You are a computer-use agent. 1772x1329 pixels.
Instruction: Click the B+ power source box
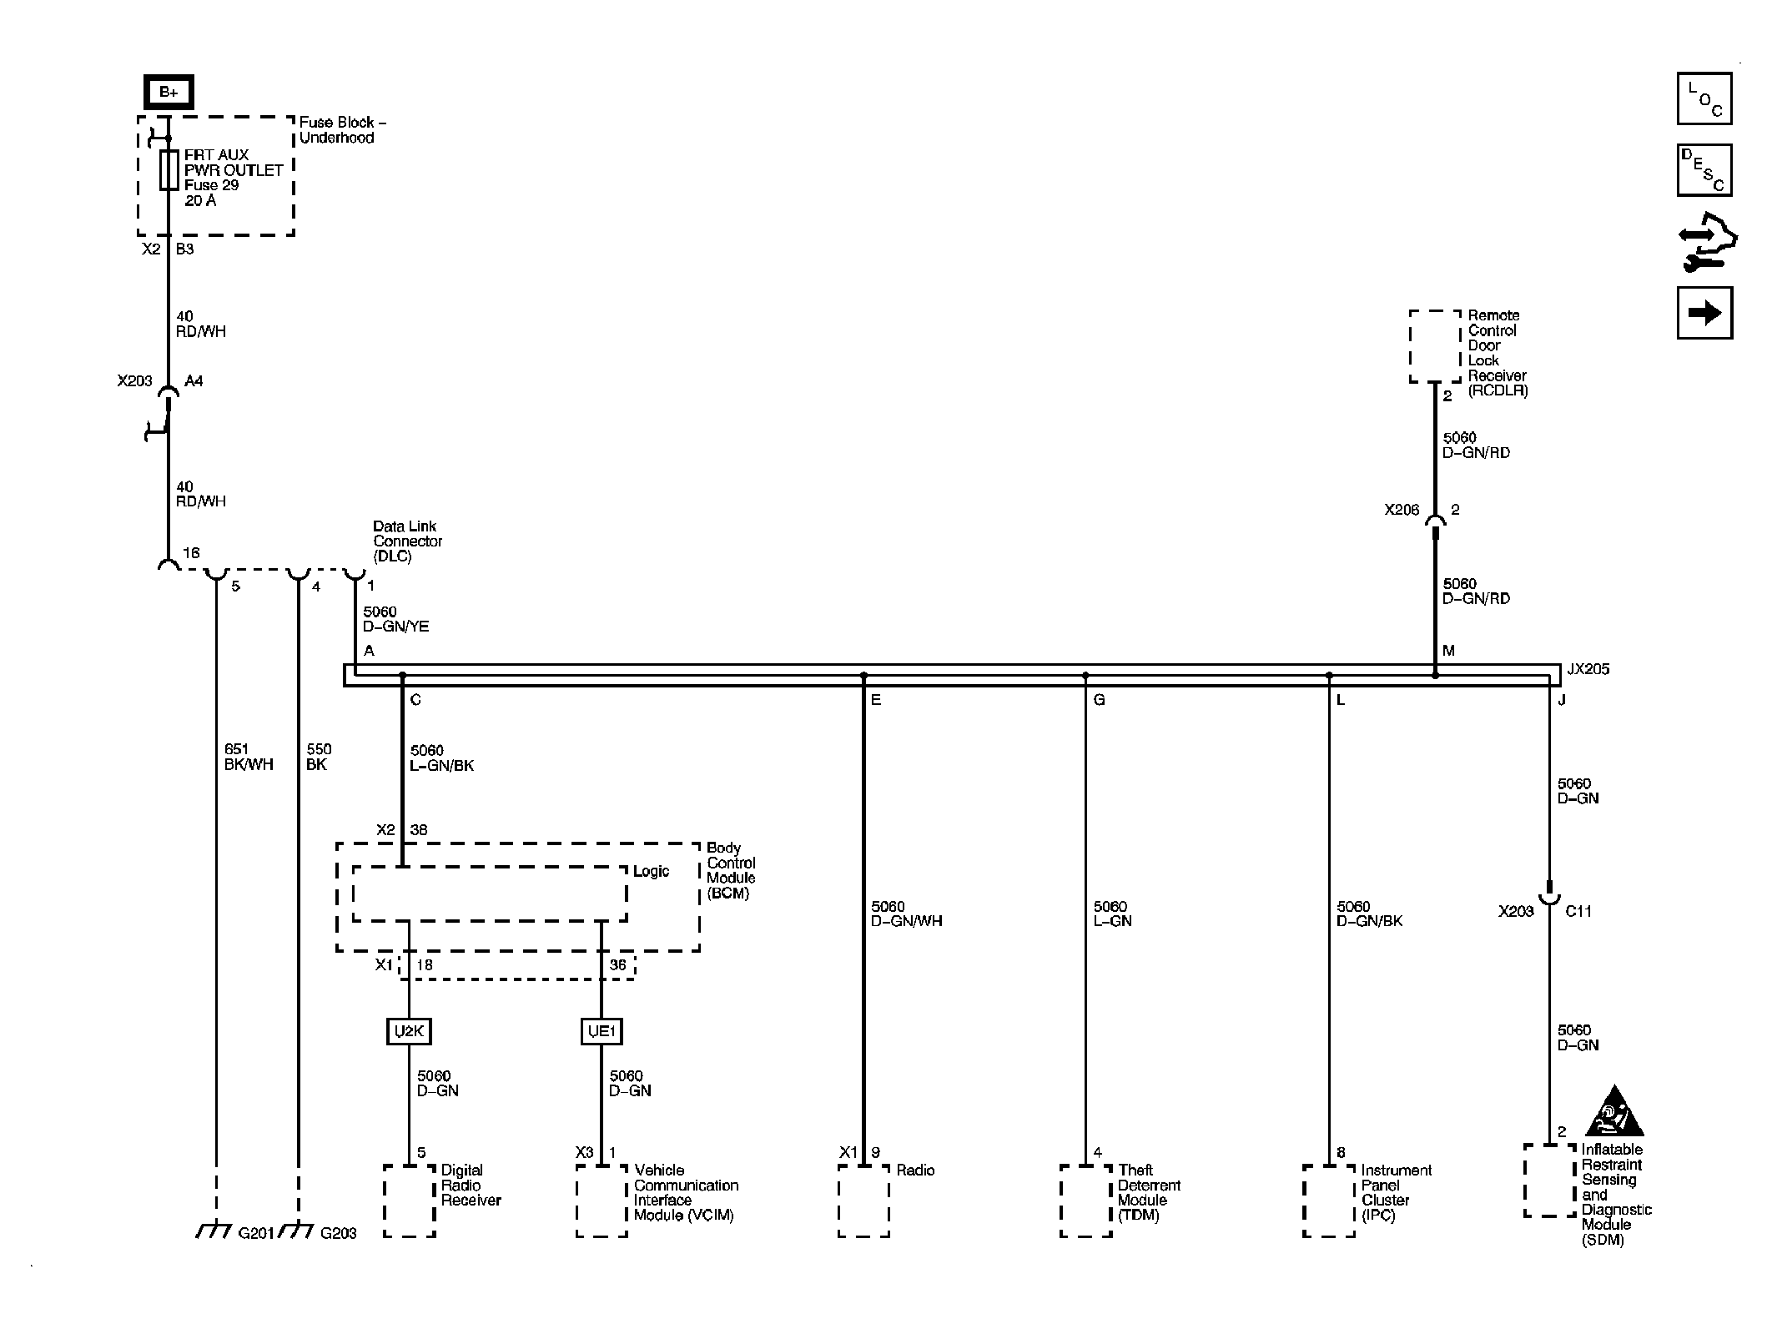click(x=169, y=93)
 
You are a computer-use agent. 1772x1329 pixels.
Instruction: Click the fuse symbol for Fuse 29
click(x=169, y=170)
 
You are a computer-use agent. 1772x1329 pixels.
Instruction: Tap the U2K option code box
click(x=409, y=1031)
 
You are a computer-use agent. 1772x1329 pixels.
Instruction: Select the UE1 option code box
click(x=602, y=1031)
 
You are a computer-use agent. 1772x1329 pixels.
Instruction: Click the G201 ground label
click(x=255, y=1233)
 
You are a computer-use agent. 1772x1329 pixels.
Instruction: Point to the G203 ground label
click(x=338, y=1233)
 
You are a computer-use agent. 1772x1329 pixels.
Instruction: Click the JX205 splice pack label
click(x=1588, y=669)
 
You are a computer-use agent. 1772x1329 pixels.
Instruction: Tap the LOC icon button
click(x=1704, y=98)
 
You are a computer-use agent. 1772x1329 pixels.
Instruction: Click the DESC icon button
click(x=1704, y=170)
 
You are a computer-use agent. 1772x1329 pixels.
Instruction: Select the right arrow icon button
click(x=1704, y=313)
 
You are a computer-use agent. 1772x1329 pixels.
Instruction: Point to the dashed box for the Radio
click(x=863, y=1201)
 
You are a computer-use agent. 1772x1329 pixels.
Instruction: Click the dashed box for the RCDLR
click(x=1435, y=346)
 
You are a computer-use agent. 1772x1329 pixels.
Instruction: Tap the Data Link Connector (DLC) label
click(x=407, y=541)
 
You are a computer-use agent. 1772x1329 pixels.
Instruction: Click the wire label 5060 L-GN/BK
click(x=441, y=758)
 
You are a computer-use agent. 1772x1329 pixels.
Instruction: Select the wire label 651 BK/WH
click(x=248, y=757)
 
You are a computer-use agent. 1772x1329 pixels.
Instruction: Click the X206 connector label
click(x=1401, y=510)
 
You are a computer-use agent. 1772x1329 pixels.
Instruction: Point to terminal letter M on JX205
click(x=1448, y=651)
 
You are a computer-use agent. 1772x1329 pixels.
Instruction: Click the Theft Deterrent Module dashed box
click(x=1085, y=1201)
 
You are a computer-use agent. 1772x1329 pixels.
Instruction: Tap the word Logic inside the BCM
click(x=651, y=871)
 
